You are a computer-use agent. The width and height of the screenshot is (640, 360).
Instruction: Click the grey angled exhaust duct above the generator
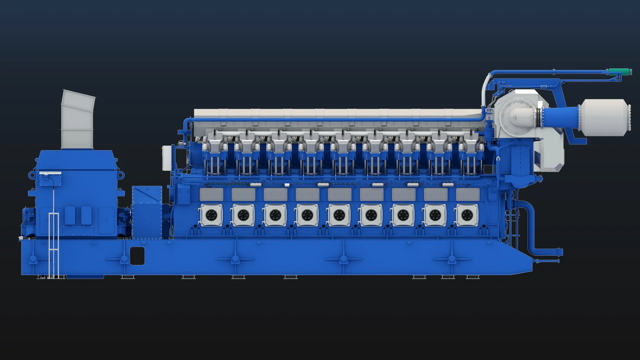pyautogui.click(x=78, y=120)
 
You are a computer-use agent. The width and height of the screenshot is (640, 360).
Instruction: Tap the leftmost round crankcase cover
pyautogui.click(x=211, y=215)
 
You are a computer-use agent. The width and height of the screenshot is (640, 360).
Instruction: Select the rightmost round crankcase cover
pyautogui.click(x=467, y=215)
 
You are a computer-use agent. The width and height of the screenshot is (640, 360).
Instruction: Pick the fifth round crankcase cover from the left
pyautogui.click(x=339, y=215)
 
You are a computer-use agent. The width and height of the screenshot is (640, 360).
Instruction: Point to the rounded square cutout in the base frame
pyautogui.click(x=137, y=256)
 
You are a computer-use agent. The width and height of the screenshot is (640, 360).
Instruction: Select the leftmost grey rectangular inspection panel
pyautogui.click(x=211, y=194)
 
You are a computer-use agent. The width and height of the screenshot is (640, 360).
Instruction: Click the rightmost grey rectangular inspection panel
pyautogui.click(x=467, y=194)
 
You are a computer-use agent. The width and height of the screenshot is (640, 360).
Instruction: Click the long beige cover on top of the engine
pyautogui.click(x=337, y=113)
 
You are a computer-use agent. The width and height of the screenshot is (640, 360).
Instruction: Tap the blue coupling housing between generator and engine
pyautogui.click(x=147, y=213)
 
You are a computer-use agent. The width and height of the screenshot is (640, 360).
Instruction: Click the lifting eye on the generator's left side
pyautogui.click(x=32, y=174)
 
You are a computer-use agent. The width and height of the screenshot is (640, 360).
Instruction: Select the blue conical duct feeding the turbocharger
pyautogui.click(x=560, y=117)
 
